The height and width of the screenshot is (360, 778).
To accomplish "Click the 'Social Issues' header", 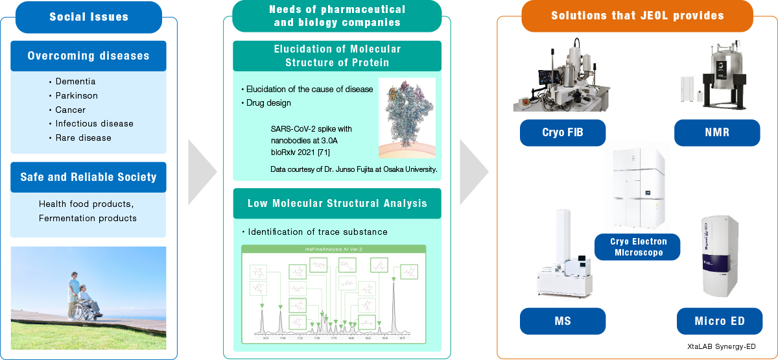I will [89, 17].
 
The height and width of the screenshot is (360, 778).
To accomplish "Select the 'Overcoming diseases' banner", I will [88, 56].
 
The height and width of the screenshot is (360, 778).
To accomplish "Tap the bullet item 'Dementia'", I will [75, 82].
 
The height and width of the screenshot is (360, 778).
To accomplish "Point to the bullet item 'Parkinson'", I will [77, 96].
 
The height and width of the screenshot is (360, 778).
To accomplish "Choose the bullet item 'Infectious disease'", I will [94, 124].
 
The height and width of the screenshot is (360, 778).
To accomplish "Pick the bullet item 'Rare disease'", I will [83, 138].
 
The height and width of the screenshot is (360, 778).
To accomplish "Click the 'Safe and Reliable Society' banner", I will [88, 177].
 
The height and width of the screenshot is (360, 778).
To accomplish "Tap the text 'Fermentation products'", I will [88, 219].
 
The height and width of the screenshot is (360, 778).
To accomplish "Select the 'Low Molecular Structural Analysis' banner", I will [337, 204].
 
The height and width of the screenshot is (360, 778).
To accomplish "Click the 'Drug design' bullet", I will [268, 103].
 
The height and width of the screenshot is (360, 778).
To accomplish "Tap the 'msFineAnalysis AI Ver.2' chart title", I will [333, 249].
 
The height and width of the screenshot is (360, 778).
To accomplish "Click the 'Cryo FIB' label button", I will [562, 132].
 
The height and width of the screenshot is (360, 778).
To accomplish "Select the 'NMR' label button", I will [717, 132].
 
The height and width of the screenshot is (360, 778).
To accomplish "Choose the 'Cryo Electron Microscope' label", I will [637, 247].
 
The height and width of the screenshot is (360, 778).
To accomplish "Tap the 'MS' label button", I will [562, 321].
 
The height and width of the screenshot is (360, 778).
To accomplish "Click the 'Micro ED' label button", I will [719, 321].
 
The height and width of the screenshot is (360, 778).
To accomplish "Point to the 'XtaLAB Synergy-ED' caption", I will [721, 347].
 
